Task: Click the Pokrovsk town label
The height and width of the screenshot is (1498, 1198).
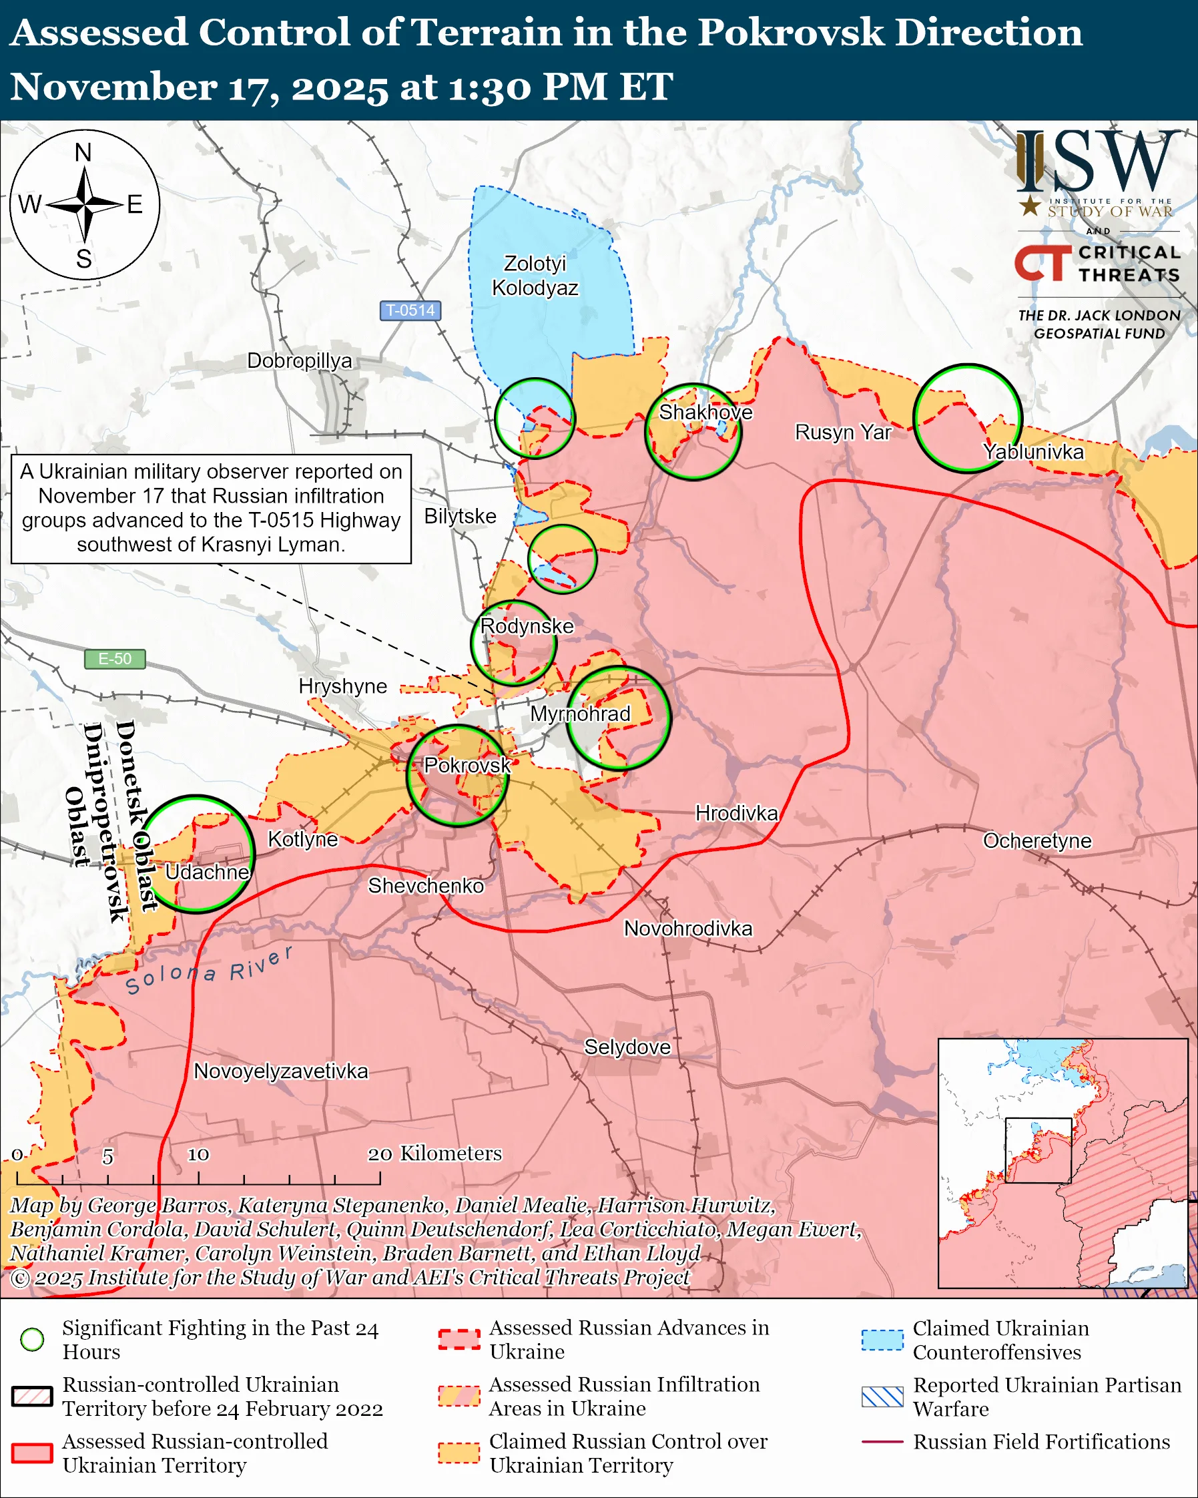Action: (467, 765)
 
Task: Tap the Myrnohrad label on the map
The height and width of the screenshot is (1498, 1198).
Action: (580, 714)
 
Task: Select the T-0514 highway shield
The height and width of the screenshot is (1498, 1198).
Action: (410, 310)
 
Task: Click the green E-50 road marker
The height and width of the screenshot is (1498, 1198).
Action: (115, 659)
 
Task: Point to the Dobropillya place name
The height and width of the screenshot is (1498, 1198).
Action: (299, 360)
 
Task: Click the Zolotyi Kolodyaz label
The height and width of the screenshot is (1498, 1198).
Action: (535, 275)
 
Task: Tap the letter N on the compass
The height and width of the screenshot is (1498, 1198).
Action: (83, 152)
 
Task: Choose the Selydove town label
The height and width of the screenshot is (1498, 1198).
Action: (627, 1047)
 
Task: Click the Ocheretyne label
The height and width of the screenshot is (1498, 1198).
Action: (1037, 840)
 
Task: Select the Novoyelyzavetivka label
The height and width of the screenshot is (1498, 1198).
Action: (280, 1071)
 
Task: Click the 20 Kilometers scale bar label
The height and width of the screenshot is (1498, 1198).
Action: (434, 1154)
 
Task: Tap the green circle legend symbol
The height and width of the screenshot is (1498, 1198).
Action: (32, 1340)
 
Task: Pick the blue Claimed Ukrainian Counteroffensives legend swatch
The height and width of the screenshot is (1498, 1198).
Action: (882, 1340)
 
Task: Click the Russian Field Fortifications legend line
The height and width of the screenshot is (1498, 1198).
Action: (882, 1442)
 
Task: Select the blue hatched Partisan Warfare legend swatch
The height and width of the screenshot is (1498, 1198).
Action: (882, 1397)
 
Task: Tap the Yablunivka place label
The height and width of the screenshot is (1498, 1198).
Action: (1033, 452)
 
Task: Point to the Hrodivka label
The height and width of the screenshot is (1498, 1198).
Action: (736, 813)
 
